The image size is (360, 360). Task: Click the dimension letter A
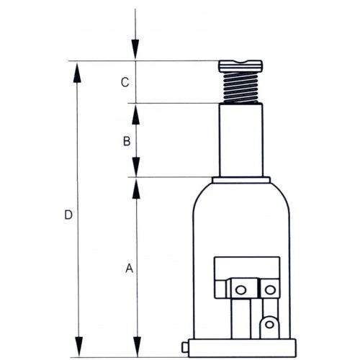click(x=129, y=269)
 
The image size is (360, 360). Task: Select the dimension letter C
click(x=125, y=83)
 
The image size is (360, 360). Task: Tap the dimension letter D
click(x=68, y=215)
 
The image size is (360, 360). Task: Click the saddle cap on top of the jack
click(x=240, y=66)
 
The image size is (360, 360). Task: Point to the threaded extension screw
click(x=240, y=88)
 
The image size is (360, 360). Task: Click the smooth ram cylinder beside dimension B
click(x=240, y=140)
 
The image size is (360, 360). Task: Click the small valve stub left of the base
click(x=186, y=346)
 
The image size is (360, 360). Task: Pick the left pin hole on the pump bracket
click(x=240, y=289)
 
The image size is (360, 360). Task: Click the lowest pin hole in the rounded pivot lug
click(x=269, y=325)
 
